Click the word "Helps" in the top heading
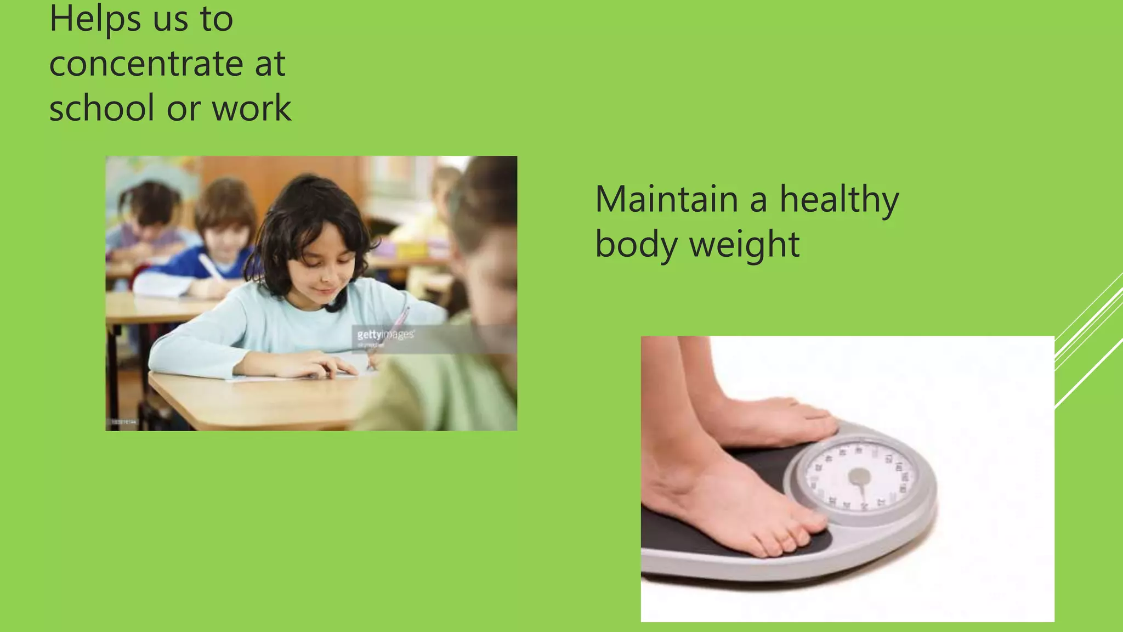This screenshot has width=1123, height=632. coord(94,19)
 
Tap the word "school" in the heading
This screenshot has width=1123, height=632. coord(102,108)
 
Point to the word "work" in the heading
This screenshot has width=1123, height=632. coord(252,108)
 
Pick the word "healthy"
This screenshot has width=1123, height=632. coord(839,200)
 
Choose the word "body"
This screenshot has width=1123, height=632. coord(636,244)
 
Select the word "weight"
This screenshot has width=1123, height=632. coord(744,245)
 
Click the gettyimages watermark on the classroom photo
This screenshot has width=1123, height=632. coord(385,335)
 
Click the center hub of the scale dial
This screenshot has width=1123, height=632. coord(859,477)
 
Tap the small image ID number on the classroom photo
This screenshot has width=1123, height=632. coord(124,422)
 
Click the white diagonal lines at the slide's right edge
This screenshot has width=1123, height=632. coord(1088,340)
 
